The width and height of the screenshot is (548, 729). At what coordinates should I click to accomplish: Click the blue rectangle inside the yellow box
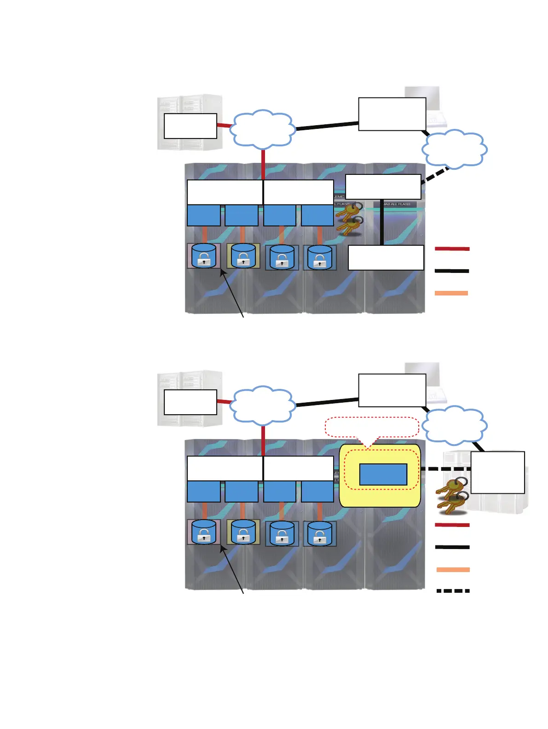point(383,474)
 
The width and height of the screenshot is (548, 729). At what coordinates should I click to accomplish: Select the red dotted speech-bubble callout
point(372,427)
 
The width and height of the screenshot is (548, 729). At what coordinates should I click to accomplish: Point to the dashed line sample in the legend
point(453,590)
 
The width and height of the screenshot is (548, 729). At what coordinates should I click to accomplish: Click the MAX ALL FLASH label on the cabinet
point(397,204)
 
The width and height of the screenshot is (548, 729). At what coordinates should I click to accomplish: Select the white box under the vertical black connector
point(386,257)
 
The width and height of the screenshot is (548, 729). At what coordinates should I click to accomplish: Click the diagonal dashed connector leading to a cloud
point(435,175)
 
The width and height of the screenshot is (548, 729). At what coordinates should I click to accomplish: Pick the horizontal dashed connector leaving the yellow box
point(445,469)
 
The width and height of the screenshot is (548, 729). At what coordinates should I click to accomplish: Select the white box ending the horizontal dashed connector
point(497,472)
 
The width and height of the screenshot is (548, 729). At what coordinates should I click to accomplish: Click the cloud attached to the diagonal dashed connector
point(454,148)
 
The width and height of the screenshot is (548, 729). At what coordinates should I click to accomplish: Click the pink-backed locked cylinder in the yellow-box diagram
point(203,532)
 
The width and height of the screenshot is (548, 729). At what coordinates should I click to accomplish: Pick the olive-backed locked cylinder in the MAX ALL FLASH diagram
point(243,256)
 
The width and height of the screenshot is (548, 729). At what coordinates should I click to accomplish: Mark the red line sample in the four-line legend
point(453,525)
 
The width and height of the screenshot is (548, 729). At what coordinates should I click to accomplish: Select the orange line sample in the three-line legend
point(451,293)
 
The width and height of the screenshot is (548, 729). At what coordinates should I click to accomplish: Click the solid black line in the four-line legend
point(453,547)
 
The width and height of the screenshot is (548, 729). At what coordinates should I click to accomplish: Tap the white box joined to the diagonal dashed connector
point(383,186)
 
